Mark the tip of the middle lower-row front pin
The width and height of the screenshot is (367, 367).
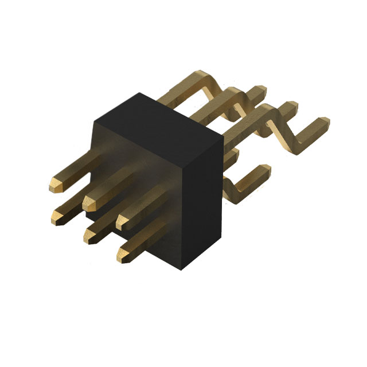(89, 236)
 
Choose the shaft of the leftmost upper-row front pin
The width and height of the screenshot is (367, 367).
(75, 172)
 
